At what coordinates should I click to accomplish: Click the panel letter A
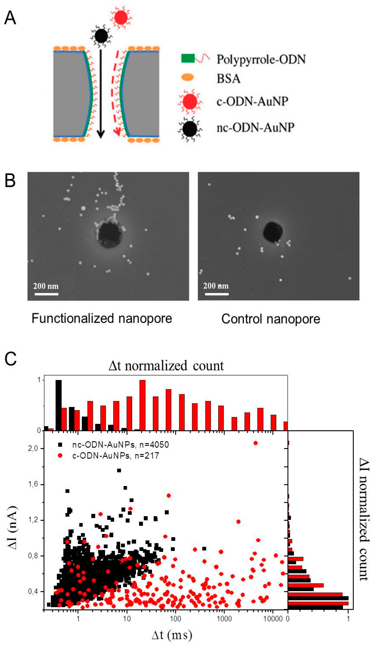(10, 18)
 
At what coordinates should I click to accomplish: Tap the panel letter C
(10, 359)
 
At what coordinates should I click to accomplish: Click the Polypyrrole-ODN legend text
(261, 59)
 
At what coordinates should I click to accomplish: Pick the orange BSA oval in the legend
(188, 77)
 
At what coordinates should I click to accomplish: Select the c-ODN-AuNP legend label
(252, 101)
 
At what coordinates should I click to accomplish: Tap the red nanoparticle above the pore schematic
(121, 17)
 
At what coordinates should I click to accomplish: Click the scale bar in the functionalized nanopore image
(46, 294)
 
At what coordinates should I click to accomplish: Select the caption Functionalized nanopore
(102, 319)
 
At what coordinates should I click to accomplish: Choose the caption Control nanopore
(270, 319)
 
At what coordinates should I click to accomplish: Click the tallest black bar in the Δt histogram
(59, 405)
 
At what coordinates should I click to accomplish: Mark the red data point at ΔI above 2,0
(255, 443)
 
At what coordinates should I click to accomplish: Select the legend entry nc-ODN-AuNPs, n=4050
(120, 445)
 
